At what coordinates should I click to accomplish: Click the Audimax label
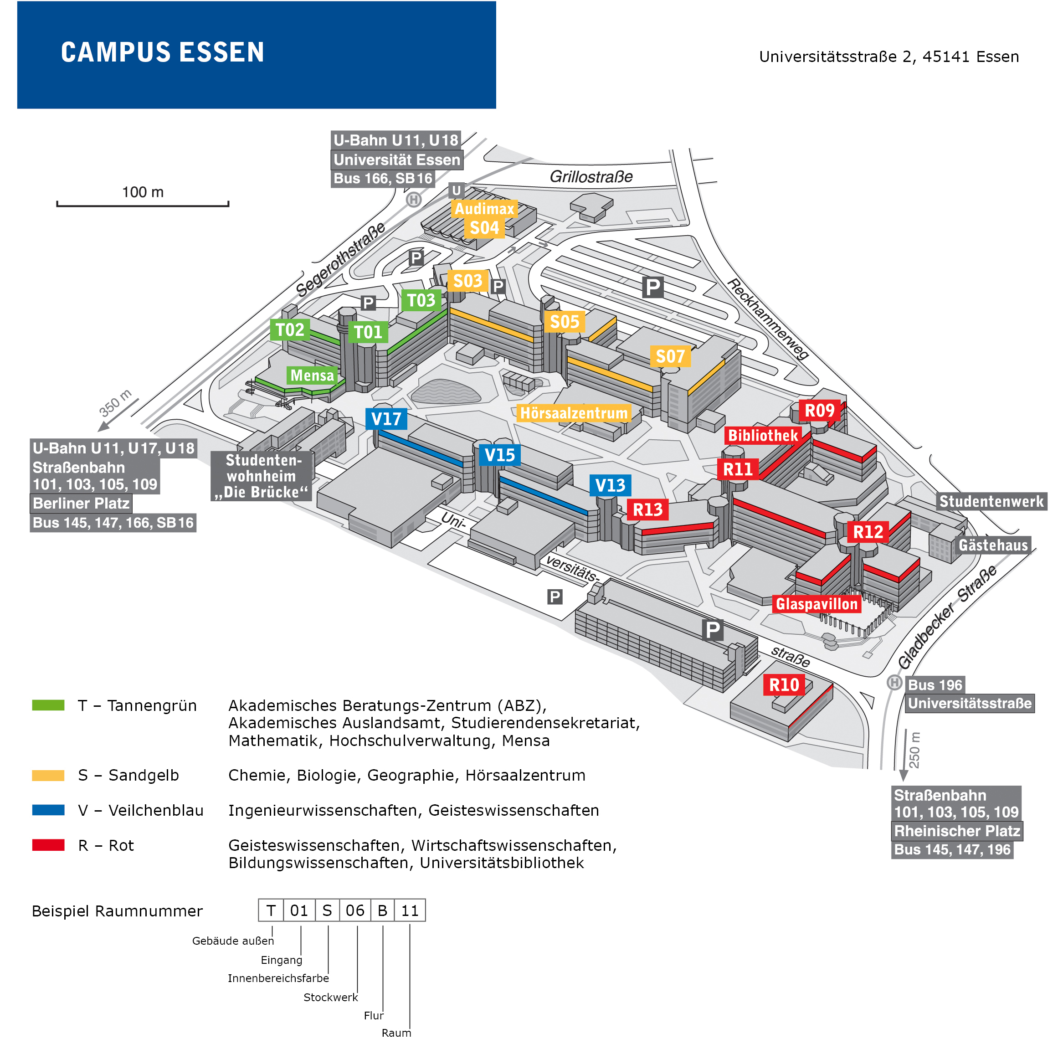pos(484,208)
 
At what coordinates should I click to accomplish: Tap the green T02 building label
pos(290,329)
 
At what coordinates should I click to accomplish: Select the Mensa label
pos(312,375)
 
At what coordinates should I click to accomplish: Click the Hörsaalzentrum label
pos(574,413)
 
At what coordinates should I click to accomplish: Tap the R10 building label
pos(784,685)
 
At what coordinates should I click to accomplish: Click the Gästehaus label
pos(993,545)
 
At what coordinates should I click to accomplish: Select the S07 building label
pos(670,357)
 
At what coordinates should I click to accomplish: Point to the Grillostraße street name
pos(591,177)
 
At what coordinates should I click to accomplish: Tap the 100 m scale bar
pos(143,204)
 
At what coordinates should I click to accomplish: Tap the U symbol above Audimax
pos(456,190)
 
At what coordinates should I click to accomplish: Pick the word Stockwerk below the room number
pos(330,997)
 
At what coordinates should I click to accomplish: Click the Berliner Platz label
pos(81,503)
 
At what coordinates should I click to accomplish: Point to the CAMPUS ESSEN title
pos(162,52)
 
